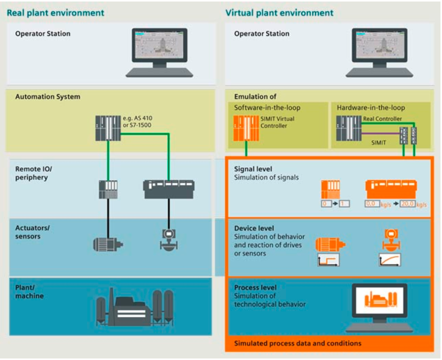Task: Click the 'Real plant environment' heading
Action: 55,13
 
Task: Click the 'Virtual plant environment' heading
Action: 279,13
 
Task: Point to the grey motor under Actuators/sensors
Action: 108,244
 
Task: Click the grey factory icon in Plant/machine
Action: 135,307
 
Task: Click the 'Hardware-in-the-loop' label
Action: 371,108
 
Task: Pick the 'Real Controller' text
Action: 382,119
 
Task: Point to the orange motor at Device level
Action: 330,245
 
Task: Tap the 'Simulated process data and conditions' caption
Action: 298,343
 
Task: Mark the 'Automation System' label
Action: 48,97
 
